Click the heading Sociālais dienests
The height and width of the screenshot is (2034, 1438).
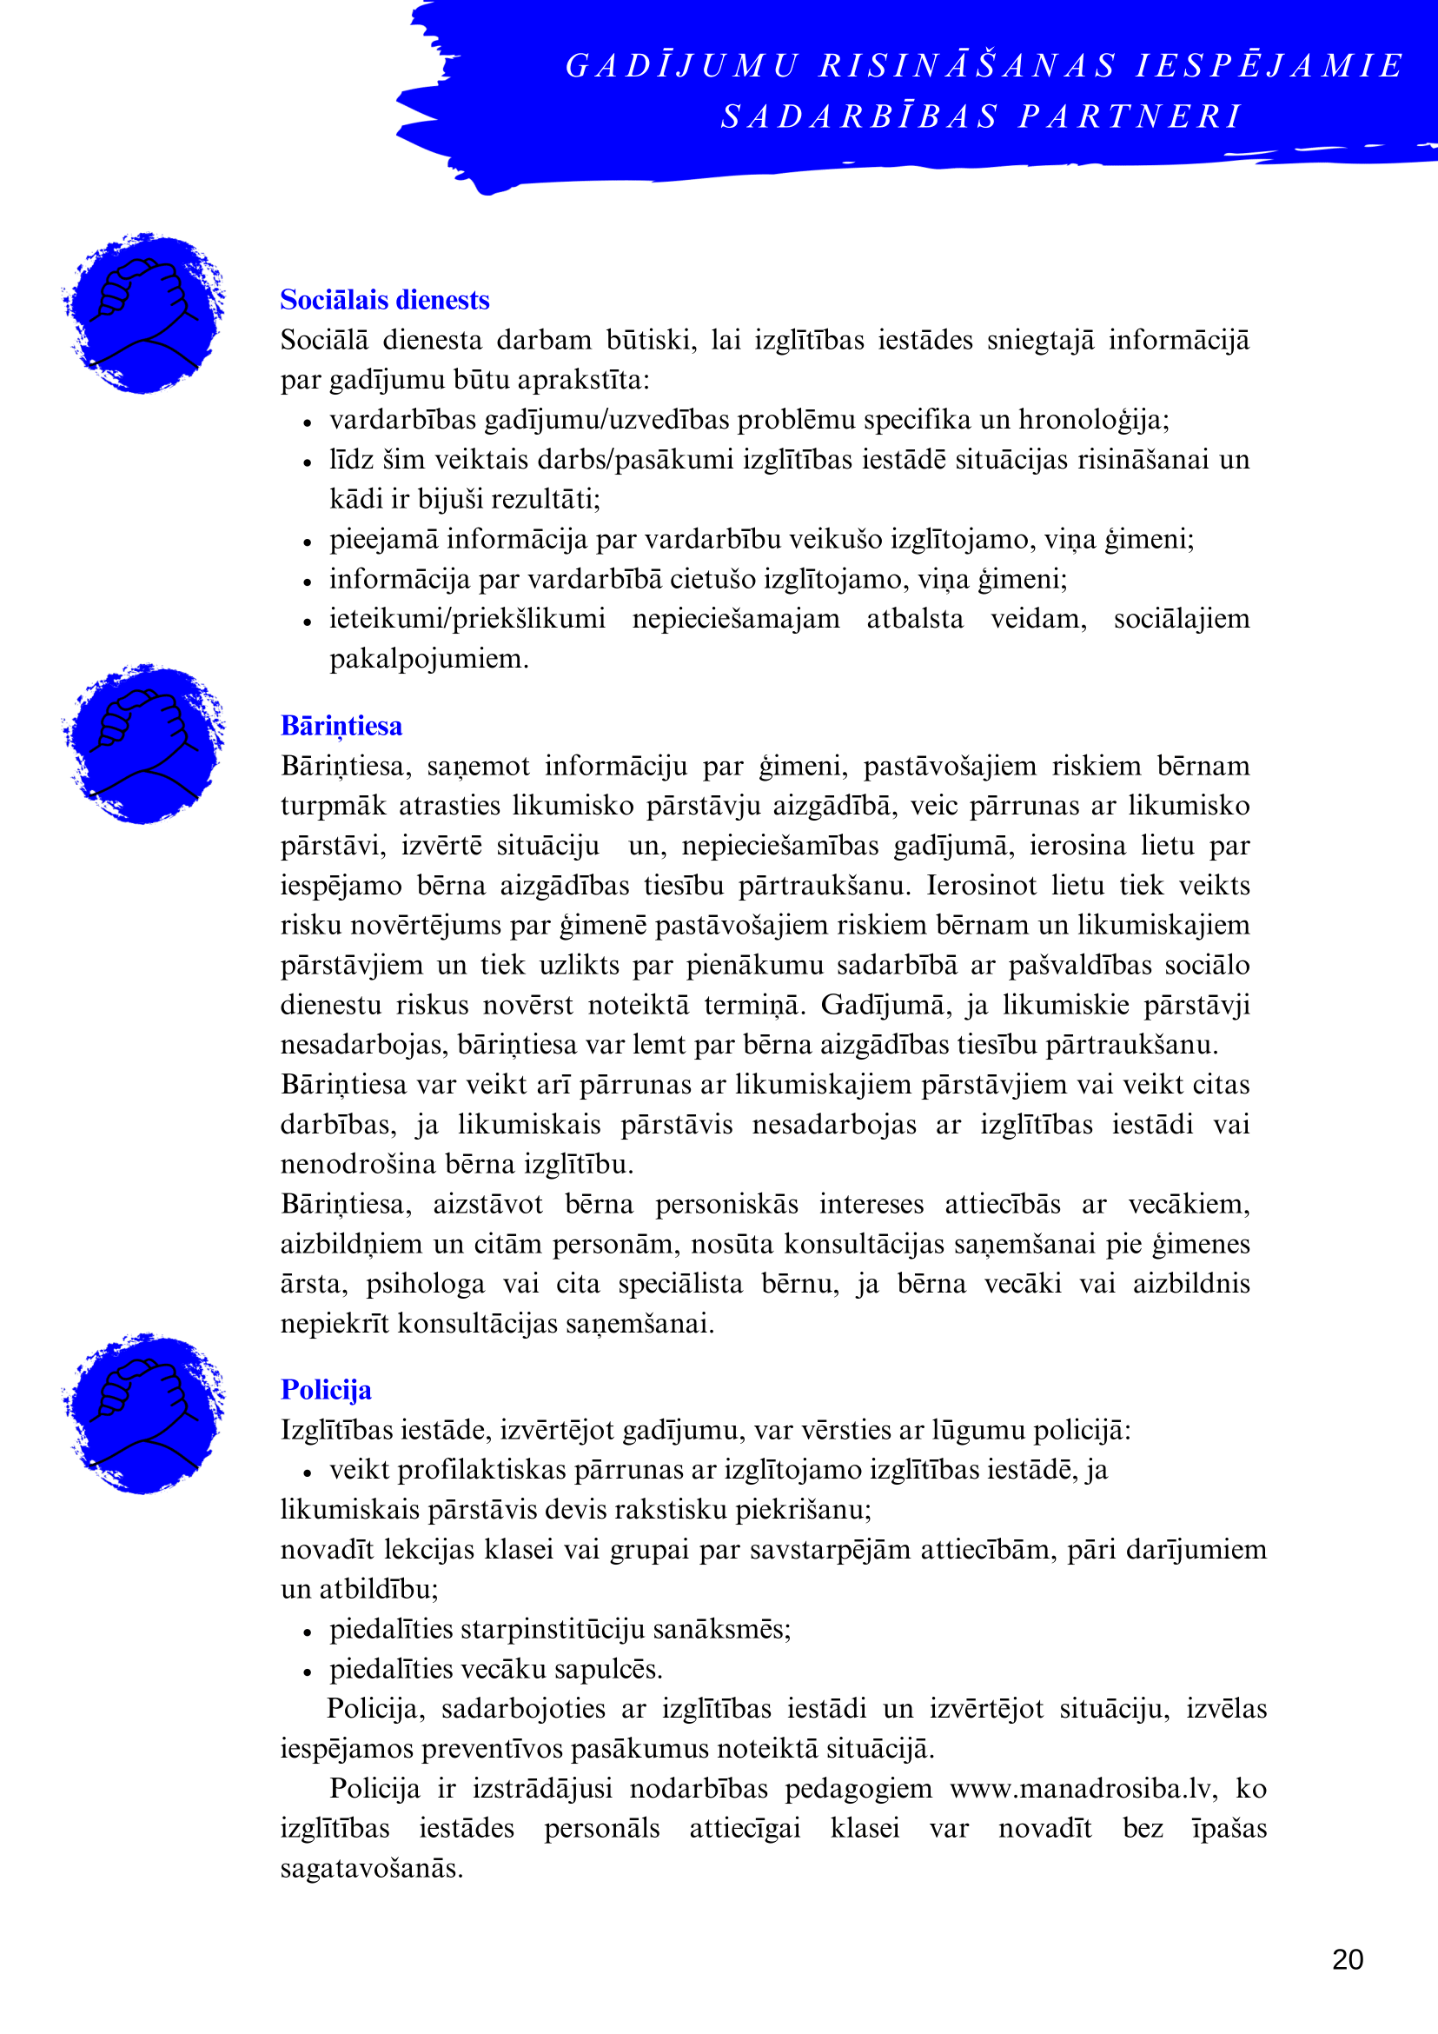(384, 300)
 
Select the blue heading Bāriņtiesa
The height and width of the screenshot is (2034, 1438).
(341, 726)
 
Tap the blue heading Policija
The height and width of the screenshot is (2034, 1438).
(326, 1390)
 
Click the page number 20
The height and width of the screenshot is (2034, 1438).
(1347, 1958)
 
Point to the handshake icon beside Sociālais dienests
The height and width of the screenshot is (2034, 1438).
(144, 313)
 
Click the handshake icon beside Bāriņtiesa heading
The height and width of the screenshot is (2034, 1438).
(144, 743)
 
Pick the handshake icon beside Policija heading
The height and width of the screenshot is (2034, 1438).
(144, 1413)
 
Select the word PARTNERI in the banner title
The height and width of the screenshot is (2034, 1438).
(1130, 116)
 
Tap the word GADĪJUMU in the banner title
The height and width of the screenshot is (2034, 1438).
(682, 65)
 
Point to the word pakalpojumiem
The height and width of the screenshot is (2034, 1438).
(428, 659)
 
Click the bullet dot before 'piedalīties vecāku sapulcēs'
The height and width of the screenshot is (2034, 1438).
(308, 1672)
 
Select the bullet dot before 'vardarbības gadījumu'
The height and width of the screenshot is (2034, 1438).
(308, 422)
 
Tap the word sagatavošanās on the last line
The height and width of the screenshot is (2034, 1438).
(372, 1868)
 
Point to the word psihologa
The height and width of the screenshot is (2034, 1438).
(426, 1284)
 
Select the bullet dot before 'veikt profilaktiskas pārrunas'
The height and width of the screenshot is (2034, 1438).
(308, 1473)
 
